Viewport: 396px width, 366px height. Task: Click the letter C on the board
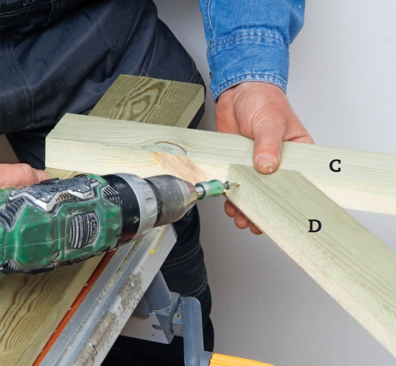pyautogui.click(x=335, y=166)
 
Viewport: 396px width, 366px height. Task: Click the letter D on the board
pyautogui.click(x=315, y=225)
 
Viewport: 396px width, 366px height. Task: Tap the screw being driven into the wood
pyautogui.click(x=232, y=186)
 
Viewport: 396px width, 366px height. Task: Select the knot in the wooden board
pyautogui.click(x=170, y=148)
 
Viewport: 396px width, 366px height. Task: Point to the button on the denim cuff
pyautogui.click(x=210, y=74)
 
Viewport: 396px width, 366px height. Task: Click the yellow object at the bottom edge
pyautogui.click(x=240, y=360)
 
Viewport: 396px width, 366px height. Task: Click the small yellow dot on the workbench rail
pyautogui.click(x=152, y=251)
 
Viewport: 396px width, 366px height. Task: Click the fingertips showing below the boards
pyautogui.click(x=240, y=217)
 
